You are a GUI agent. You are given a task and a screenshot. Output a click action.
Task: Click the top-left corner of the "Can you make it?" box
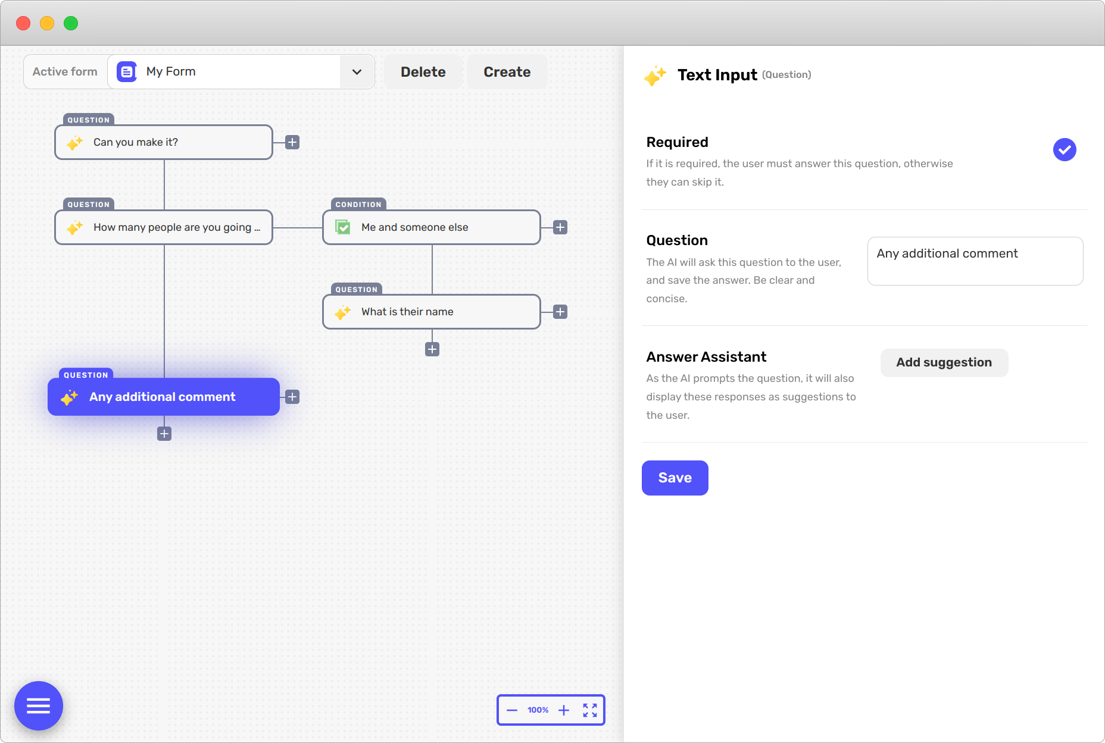pos(55,125)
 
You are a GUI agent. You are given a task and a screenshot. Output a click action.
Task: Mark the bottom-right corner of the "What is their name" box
pos(541,329)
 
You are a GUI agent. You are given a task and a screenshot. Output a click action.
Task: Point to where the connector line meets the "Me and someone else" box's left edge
pos(323,227)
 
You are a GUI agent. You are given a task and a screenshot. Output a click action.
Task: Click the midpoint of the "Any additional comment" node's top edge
pos(164,378)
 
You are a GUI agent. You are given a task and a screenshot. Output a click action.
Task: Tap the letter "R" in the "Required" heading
pos(651,142)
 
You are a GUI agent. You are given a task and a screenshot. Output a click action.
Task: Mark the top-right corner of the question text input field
pos(1083,237)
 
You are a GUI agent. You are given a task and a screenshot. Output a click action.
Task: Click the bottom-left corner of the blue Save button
pos(642,495)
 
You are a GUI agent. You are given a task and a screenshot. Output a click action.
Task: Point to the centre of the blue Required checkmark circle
pos(1065,149)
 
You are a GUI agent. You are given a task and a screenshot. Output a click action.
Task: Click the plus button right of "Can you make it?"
pos(292,142)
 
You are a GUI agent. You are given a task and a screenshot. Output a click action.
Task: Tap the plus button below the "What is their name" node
pos(432,349)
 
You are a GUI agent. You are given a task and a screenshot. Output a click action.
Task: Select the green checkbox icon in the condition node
pos(343,227)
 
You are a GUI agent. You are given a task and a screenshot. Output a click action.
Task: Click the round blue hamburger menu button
pos(39,706)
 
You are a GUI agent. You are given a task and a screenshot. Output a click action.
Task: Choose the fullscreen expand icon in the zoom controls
pos(590,710)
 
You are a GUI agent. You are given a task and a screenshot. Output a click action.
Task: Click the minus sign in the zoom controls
pos(512,710)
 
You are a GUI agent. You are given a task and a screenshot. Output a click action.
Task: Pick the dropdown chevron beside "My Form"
pos(357,72)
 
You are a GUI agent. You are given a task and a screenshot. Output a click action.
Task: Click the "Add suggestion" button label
pos(944,362)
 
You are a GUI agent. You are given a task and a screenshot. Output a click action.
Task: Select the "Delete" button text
pos(423,72)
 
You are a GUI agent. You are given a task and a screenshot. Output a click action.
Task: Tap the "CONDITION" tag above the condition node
pos(358,205)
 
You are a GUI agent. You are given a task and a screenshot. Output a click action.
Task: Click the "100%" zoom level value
pos(538,710)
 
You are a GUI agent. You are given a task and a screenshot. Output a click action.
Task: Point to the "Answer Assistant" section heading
pos(706,357)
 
